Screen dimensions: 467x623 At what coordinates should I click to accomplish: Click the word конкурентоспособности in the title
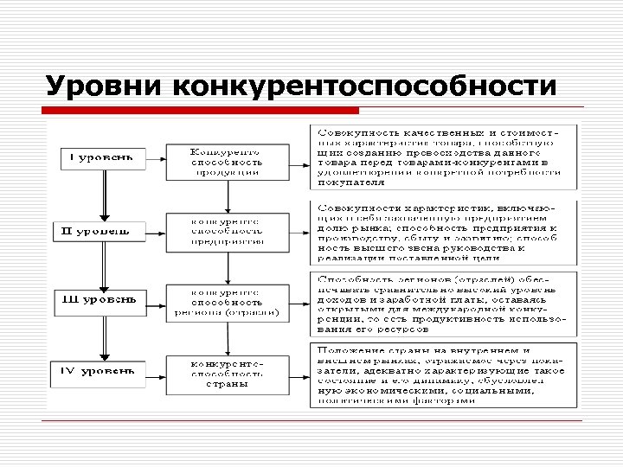click(x=363, y=86)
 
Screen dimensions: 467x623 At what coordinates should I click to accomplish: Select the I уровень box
click(x=97, y=159)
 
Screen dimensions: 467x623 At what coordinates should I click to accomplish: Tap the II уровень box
click(x=97, y=231)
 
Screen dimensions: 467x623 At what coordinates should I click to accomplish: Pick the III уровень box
click(x=97, y=301)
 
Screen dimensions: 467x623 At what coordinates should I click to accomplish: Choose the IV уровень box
click(x=97, y=373)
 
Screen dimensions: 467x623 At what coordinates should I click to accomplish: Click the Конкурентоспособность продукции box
click(x=227, y=160)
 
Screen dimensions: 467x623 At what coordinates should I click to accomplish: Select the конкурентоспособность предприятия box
click(x=227, y=231)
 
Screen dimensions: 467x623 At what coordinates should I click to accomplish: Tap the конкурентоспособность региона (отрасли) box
click(x=227, y=302)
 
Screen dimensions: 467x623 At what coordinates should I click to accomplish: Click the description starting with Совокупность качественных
click(x=443, y=157)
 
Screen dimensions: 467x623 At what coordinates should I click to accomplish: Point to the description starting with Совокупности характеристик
click(x=443, y=232)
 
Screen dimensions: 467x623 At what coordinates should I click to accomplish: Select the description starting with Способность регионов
click(x=443, y=304)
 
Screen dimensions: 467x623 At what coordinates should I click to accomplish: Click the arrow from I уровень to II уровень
click(x=103, y=195)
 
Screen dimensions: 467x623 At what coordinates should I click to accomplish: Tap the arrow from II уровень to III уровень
click(x=103, y=266)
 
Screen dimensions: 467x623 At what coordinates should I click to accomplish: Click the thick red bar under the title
click(x=202, y=111)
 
